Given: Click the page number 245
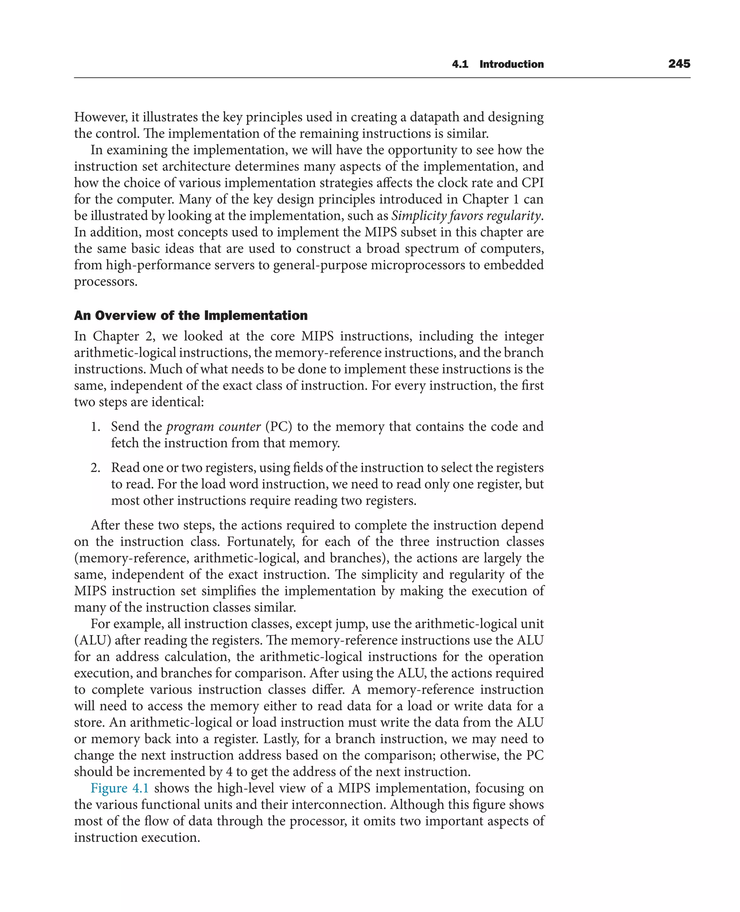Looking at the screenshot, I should point(679,64).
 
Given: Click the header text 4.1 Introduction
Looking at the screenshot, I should point(498,64).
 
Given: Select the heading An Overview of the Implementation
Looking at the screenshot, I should point(190,316).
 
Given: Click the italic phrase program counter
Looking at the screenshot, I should point(213,426).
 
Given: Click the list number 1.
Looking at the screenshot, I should point(95,426).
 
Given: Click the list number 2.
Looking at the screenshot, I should point(95,468).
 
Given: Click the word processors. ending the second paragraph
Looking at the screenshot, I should point(106,282).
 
